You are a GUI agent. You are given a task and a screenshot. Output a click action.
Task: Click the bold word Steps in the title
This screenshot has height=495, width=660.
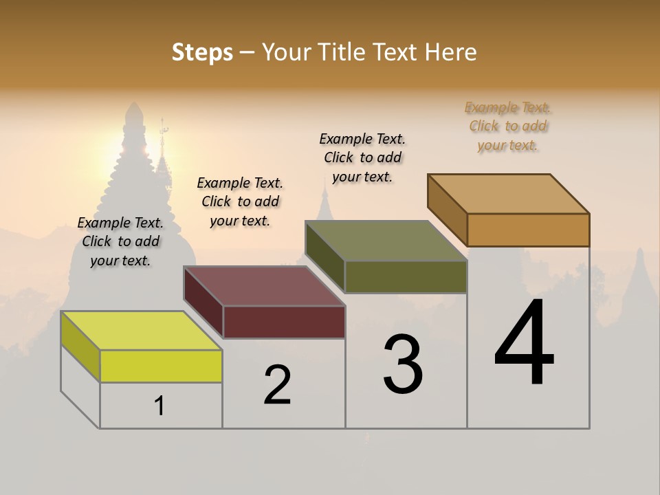[202, 52]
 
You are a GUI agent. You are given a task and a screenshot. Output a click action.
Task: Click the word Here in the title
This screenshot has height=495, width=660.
[451, 52]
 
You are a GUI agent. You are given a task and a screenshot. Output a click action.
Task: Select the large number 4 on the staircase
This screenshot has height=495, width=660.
[524, 344]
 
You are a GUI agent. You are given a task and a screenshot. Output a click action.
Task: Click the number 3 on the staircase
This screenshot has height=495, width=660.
[403, 364]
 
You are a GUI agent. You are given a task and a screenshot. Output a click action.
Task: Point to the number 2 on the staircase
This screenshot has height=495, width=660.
[277, 385]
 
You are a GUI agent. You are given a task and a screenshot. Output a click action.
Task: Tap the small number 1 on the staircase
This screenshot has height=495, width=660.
[159, 406]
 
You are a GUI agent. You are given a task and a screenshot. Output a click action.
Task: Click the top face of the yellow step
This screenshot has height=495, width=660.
[141, 330]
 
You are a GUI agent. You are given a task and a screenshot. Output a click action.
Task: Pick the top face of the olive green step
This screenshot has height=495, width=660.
[386, 241]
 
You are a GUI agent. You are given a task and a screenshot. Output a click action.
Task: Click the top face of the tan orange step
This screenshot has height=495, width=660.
[508, 193]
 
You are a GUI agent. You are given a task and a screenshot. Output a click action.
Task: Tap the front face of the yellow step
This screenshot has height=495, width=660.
[161, 366]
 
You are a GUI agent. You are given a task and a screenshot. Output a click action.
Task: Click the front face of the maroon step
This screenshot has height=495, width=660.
[284, 322]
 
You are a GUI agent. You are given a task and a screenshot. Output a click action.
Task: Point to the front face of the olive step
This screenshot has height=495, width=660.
[406, 276]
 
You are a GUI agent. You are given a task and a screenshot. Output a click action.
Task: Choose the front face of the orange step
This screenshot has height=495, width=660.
[528, 230]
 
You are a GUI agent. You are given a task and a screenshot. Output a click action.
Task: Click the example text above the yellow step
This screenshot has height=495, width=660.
[120, 241]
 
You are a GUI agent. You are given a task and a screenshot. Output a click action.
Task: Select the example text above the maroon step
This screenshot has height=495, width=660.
[240, 201]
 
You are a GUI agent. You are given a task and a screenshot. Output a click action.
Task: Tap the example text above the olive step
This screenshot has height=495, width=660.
[362, 157]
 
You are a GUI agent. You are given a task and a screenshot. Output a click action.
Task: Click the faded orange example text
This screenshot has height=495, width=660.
[507, 126]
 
